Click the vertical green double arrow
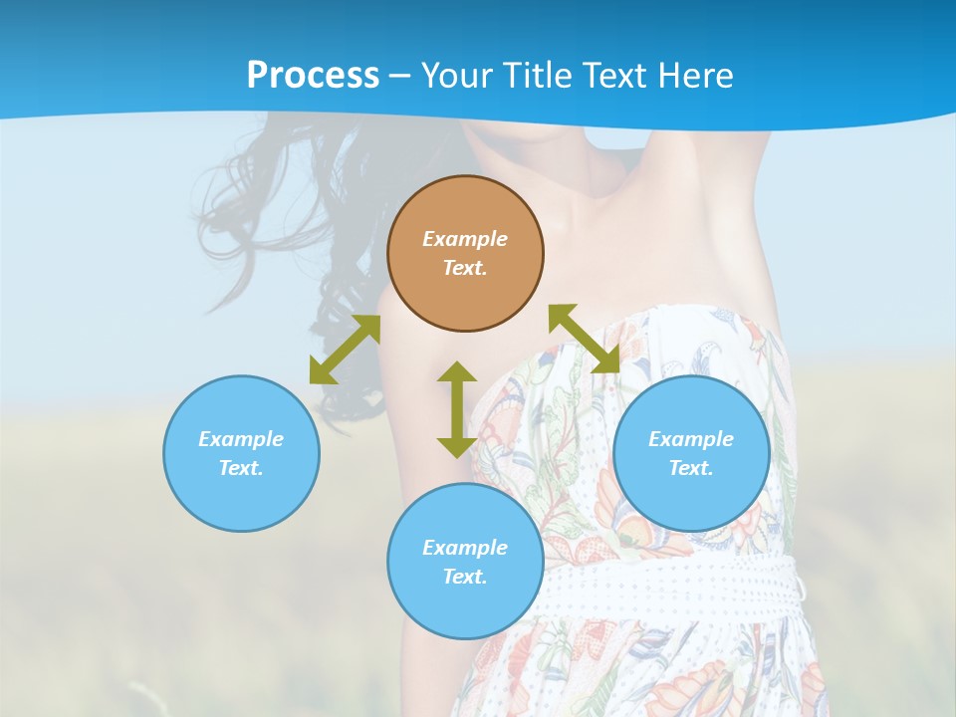pyautogui.click(x=457, y=409)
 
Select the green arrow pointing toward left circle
pyautogui.click(x=345, y=350)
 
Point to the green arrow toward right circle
pyautogui.click(x=585, y=339)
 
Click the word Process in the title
pyautogui.click(x=313, y=75)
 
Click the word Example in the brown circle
pyautogui.click(x=465, y=239)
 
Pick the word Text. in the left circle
pyautogui.click(x=241, y=468)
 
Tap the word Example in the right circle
pyautogui.click(x=691, y=439)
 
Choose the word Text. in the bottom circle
pyautogui.click(x=465, y=577)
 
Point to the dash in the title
pyautogui.click(x=400, y=76)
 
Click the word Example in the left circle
pyautogui.click(x=241, y=439)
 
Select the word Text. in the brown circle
pyautogui.click(x=465, y=268)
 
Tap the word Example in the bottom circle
pyautogui.click(x=465, y=548)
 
